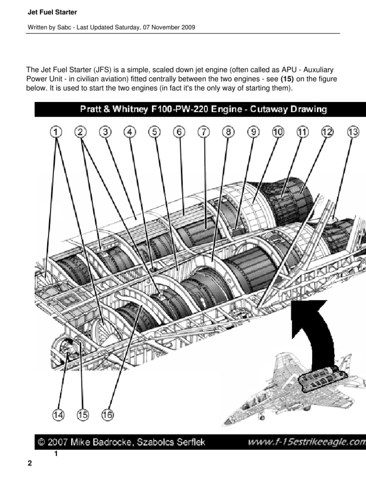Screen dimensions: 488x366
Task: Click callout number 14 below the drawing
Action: tap(59, 415)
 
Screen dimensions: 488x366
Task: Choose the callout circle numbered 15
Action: tap(83, 415)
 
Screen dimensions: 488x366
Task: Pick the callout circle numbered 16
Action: tap(108, 415)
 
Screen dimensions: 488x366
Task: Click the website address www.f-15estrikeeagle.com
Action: tap(305, 442)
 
